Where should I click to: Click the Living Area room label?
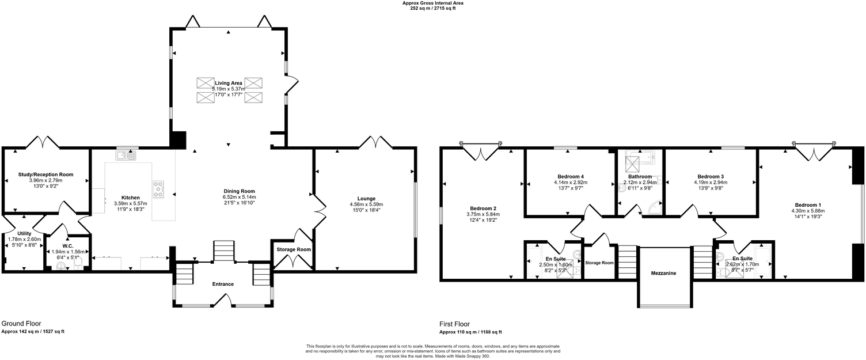point(229,84)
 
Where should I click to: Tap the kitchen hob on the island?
point(158,188)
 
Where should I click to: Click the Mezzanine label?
point(663,273)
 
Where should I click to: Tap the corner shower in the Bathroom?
point(655,207)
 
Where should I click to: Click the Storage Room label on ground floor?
point(294,249)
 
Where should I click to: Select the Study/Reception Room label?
point(47,175)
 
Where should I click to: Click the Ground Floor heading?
point(21,324)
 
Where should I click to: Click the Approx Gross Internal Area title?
point(432,3)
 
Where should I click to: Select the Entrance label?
point(223,284)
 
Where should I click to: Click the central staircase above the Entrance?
point(223,252)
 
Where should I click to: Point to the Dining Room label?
point(240,191)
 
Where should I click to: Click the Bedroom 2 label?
point(483,208)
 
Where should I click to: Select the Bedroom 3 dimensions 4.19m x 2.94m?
point(711,182)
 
